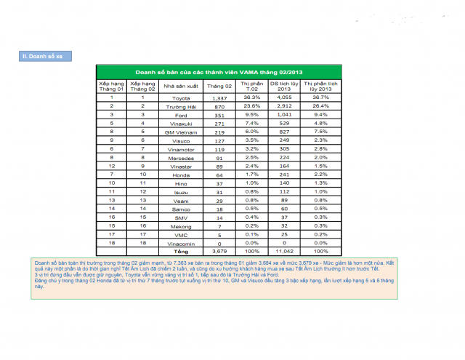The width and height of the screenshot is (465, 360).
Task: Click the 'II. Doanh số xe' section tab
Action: [45, 56]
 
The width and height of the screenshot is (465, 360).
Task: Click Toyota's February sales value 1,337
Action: [219, 97]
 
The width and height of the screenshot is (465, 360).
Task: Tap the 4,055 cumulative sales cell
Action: [284, 97]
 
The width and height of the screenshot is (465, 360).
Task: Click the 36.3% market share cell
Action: [251, 97]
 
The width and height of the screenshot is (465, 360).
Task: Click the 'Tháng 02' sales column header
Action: [219, 86]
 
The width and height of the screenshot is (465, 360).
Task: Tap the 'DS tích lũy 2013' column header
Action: [284, 86]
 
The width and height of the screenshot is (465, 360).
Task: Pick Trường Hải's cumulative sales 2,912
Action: [284, 106]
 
